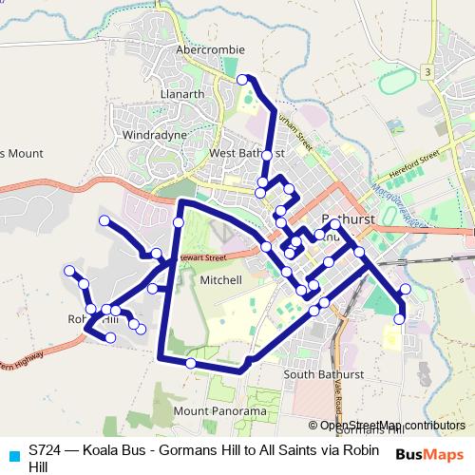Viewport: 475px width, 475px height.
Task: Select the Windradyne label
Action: tap(154, 136)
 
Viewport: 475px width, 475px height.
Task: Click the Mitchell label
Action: tap(223, 280)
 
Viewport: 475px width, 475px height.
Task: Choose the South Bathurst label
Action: tap(319, 374)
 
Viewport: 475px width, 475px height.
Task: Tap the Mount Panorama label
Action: tap(220, 411)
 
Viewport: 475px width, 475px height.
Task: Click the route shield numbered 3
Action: tap(429, 72)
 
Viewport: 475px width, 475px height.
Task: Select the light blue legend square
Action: tap(12, 455)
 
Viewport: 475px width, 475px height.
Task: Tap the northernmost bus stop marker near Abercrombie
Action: tap(242, 80)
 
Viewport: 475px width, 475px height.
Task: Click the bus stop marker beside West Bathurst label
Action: tap(268, 154)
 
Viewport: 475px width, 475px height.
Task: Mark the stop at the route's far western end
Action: tap(68, 272)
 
